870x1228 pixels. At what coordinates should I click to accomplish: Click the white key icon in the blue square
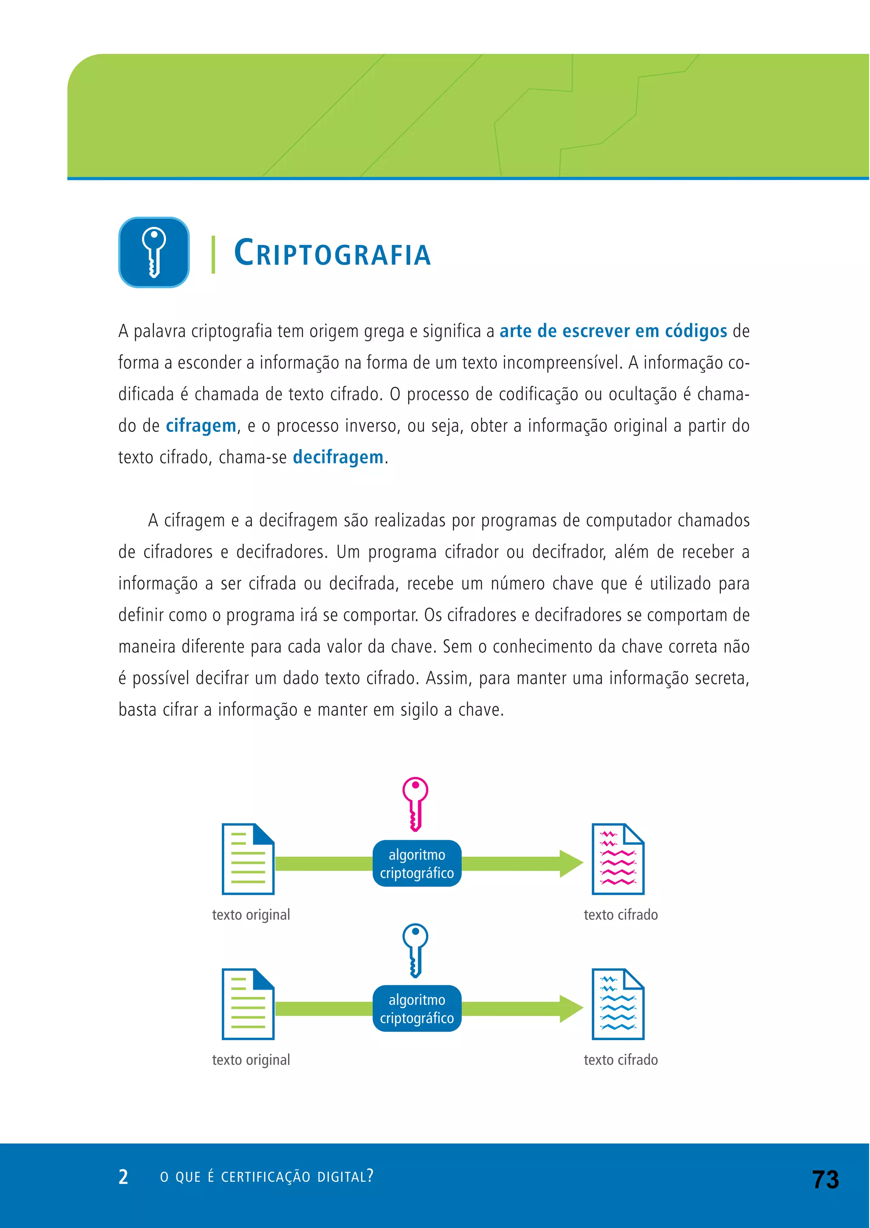click(154, 252)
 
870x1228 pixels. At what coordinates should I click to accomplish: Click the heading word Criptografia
click(332, 253)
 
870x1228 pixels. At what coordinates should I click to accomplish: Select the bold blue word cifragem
click(201, 426)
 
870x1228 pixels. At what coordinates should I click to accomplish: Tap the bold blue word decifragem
click(338, 458)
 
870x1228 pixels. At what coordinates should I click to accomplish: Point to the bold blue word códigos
click(696, 331)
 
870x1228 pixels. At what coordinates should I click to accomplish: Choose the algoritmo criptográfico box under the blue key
click(417, 1009)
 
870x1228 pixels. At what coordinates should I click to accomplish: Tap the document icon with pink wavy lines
click(618, 859)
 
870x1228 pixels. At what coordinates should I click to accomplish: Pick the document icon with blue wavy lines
click(618, 1004)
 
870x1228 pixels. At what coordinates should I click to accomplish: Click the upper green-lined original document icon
click(248, 859)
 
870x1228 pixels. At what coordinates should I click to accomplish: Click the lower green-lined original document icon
click(248, 1004)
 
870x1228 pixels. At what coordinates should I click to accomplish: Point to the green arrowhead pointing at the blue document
click(571, 1009)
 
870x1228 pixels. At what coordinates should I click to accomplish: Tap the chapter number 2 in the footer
click(123, 1177)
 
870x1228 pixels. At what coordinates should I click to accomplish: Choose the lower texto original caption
click(251, 1060)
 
